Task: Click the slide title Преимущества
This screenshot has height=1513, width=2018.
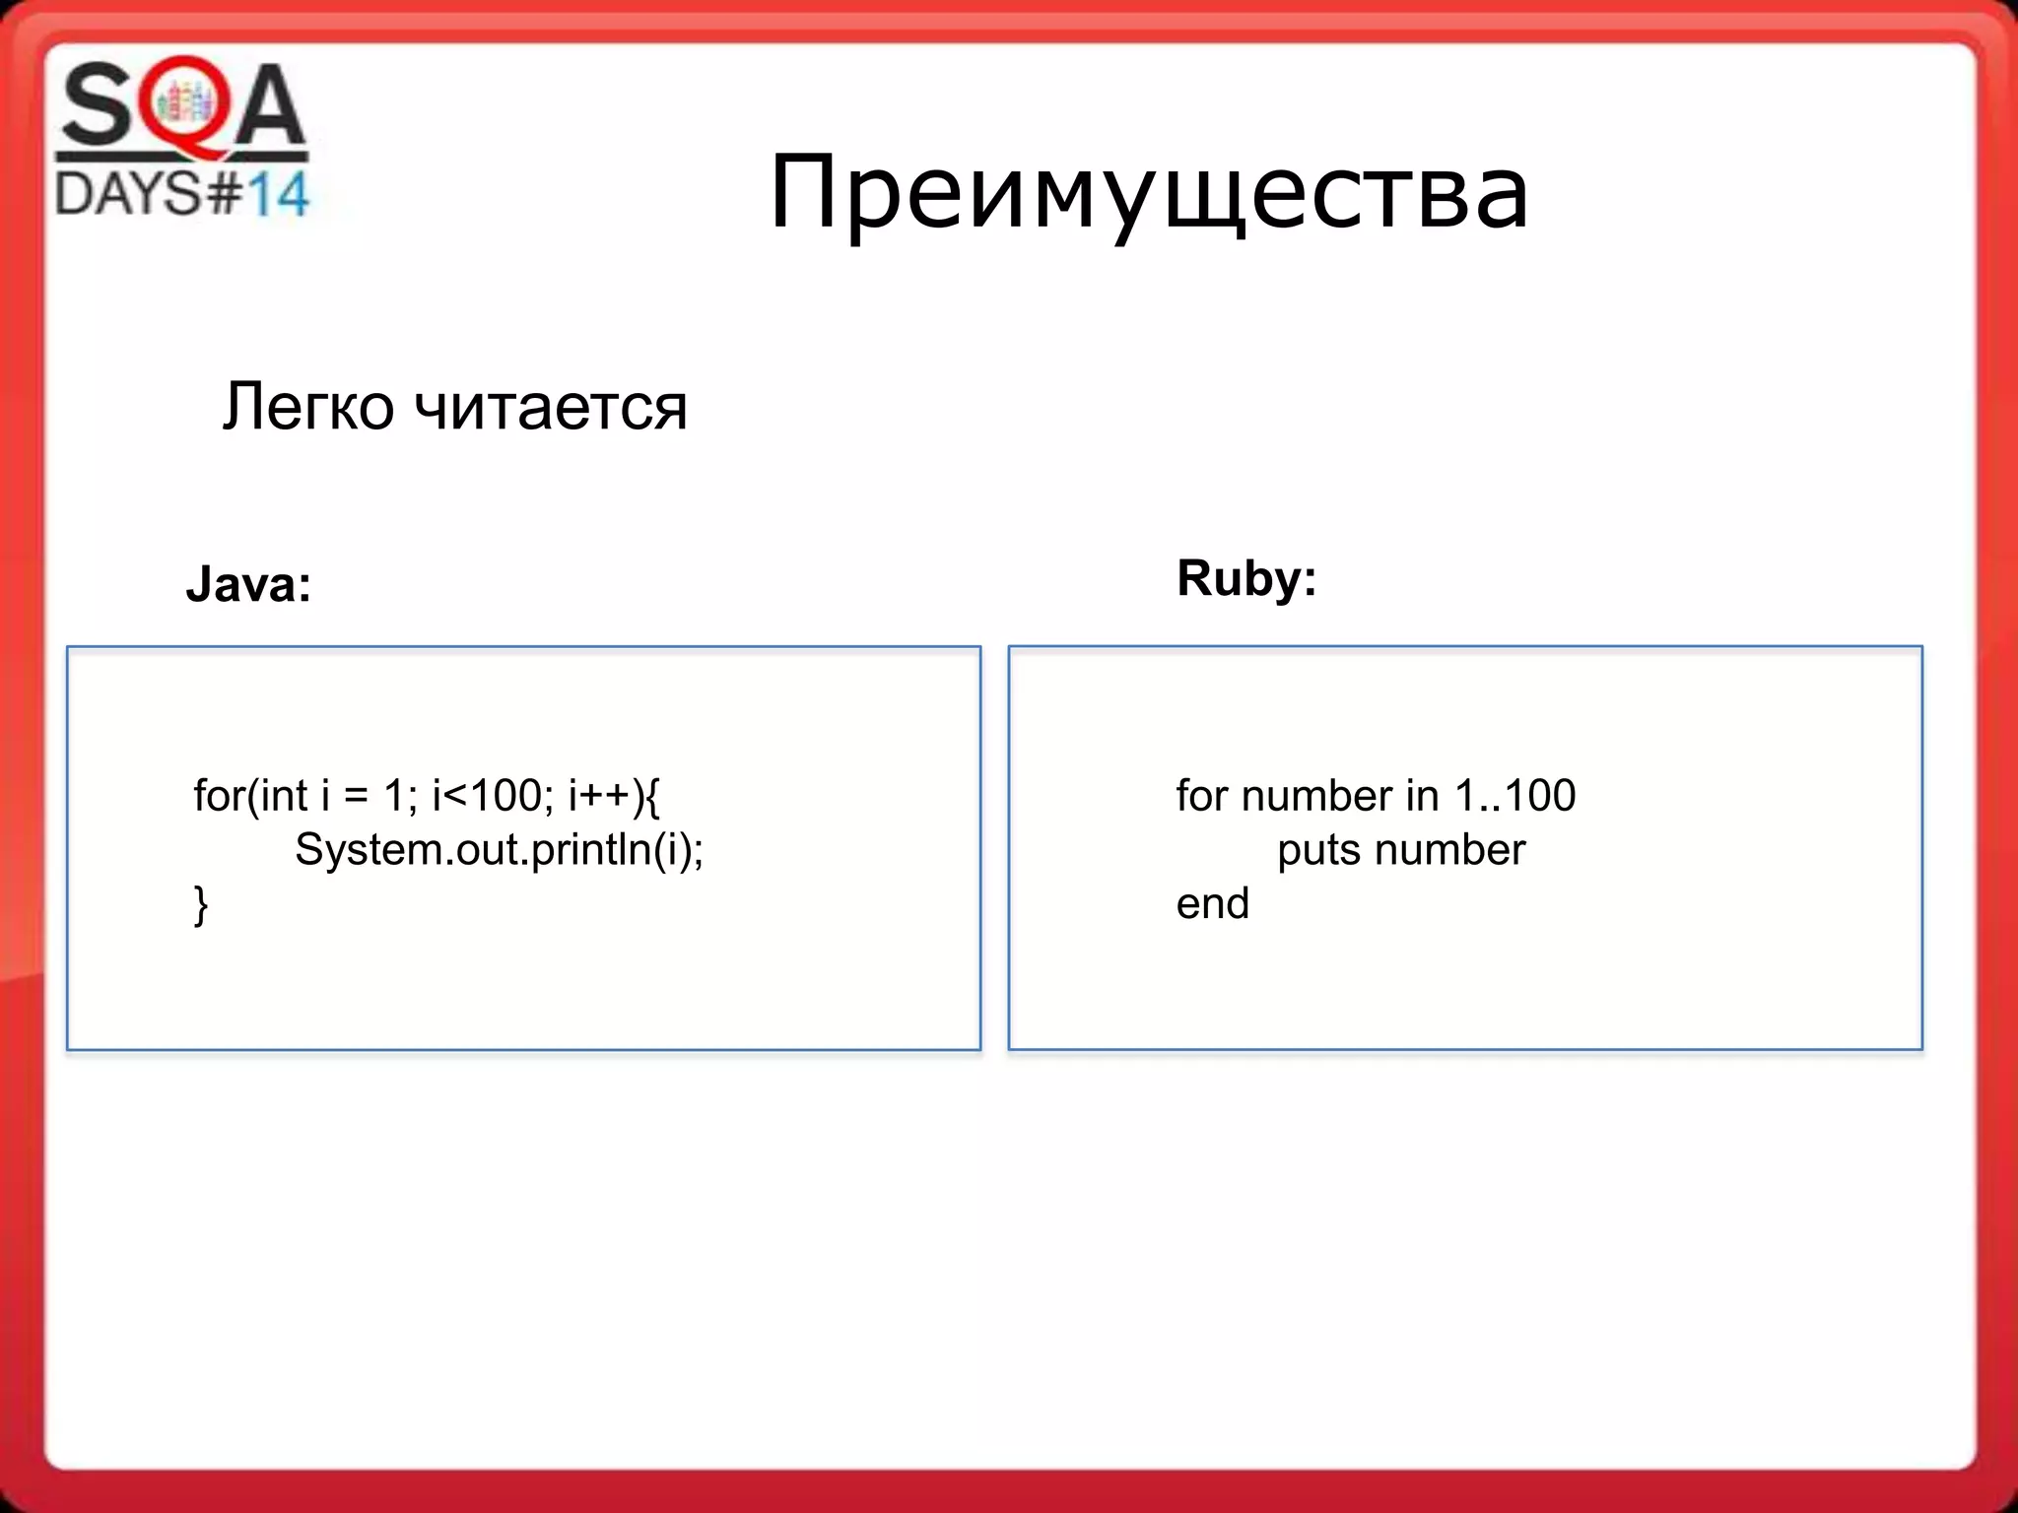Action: [x=1148, y=192]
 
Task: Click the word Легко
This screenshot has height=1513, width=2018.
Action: [x=307, y=406]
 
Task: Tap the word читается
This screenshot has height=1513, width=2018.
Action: [x=550, y=408]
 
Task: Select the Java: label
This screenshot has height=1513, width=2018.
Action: [x=248, y=584]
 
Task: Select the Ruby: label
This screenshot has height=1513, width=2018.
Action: [x=1246, y=578]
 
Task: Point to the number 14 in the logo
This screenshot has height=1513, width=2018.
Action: [x=277, y=194]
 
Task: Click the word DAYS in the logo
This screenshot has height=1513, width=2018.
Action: [x=128, y=193]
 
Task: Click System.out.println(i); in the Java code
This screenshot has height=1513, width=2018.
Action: [x=499, y=849]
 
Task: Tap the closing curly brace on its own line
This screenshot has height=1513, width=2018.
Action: [x=201, y=904]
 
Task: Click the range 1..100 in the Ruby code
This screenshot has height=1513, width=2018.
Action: [x=1514, y=796]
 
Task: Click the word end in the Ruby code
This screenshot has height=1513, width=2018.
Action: [x=1212, y=904]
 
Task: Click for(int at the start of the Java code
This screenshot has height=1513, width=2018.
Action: [x=250, y=796]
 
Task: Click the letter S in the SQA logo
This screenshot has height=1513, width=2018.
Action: [x=97, y=106]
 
